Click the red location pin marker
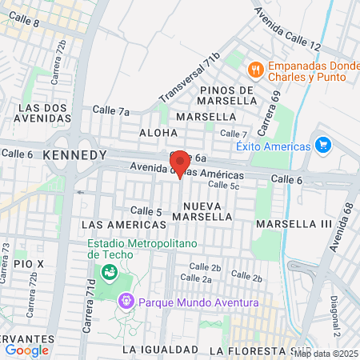[179, 163]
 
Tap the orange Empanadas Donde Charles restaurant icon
[256, 69]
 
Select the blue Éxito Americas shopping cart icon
[323, 146]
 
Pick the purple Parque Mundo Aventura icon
[126, 302]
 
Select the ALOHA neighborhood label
[158, 133]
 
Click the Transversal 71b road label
[188, 78]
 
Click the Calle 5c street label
[223, 185]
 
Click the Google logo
[27, 350]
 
